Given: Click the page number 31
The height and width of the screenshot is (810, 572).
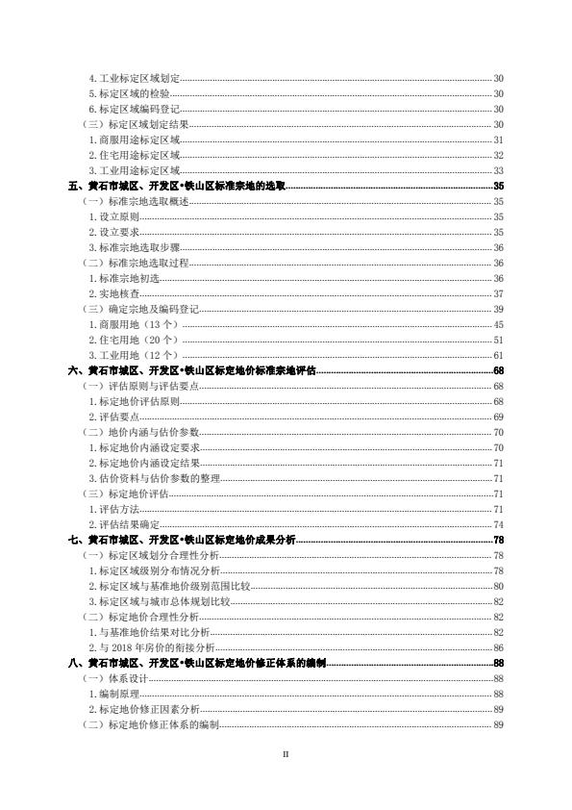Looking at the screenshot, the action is (x=498, y=139).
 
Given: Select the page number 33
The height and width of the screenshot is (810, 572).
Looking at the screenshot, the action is (x=498, y=170).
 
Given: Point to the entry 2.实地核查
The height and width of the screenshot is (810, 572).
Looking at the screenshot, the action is (x=113, y=293).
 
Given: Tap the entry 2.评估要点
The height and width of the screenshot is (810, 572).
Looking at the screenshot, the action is (x=113, y=417).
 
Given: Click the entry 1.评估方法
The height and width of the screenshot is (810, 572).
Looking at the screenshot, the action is (x=113, y=509).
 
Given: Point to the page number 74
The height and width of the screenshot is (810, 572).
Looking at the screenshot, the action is (x=498, y=524).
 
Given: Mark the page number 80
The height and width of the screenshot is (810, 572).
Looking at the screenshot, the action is (x=498, y=586).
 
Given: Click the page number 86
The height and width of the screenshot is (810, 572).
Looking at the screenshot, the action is (x=498, y=647).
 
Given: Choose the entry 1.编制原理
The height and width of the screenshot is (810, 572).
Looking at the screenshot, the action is (x=113, y=694).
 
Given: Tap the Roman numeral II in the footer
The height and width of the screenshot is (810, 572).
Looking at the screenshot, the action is (x=286, y=754).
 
